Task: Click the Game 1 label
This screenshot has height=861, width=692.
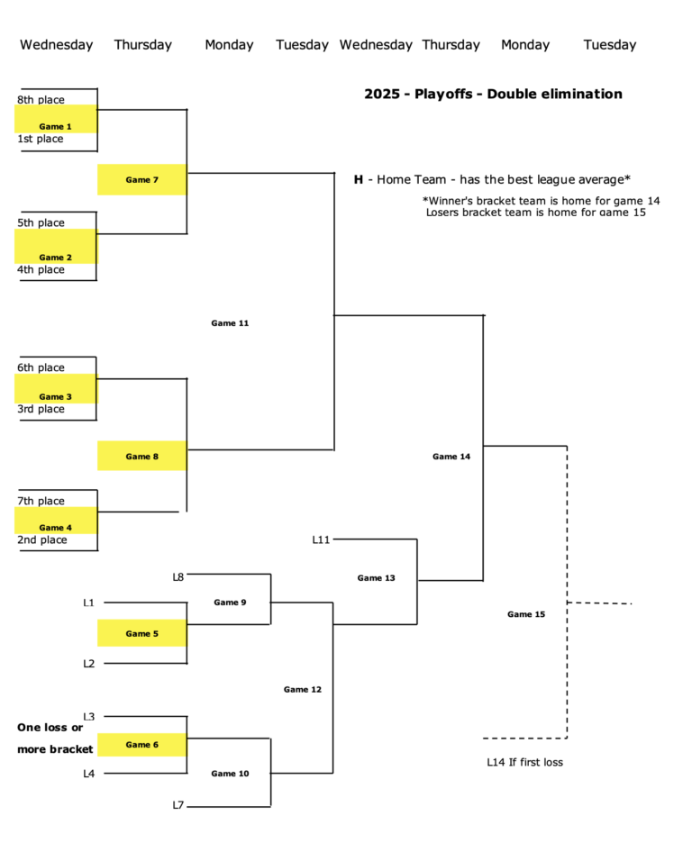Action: coord(55,127)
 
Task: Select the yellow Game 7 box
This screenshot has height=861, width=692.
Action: coord(141,180)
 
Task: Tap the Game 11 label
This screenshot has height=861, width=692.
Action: coord(230,323)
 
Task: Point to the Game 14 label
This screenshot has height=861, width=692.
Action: coord(451,457)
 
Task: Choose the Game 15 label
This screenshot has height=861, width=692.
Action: coord(526,614)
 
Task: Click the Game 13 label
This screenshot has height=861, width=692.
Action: coord(376,578)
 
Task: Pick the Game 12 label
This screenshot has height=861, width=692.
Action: coord(303,690)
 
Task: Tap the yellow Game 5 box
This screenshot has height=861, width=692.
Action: coord(141,634)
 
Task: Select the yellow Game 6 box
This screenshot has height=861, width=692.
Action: coord(141,745)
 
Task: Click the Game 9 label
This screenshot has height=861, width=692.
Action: coord(230,603)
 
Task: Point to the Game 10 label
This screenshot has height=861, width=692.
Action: coord(230,774)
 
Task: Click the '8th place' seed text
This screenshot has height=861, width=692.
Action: coord(41,100)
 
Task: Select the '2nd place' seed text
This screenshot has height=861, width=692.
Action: coord(41,540)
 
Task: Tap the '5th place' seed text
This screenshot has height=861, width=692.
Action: coord(41,222)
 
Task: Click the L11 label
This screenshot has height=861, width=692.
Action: coord(322,539)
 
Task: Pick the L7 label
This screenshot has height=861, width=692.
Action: coord(178,805)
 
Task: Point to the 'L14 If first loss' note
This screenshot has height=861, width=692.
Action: coord(524,763)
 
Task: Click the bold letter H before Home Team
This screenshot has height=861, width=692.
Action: coord(359,179)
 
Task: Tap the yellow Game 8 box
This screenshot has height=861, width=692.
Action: coord(141,457)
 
